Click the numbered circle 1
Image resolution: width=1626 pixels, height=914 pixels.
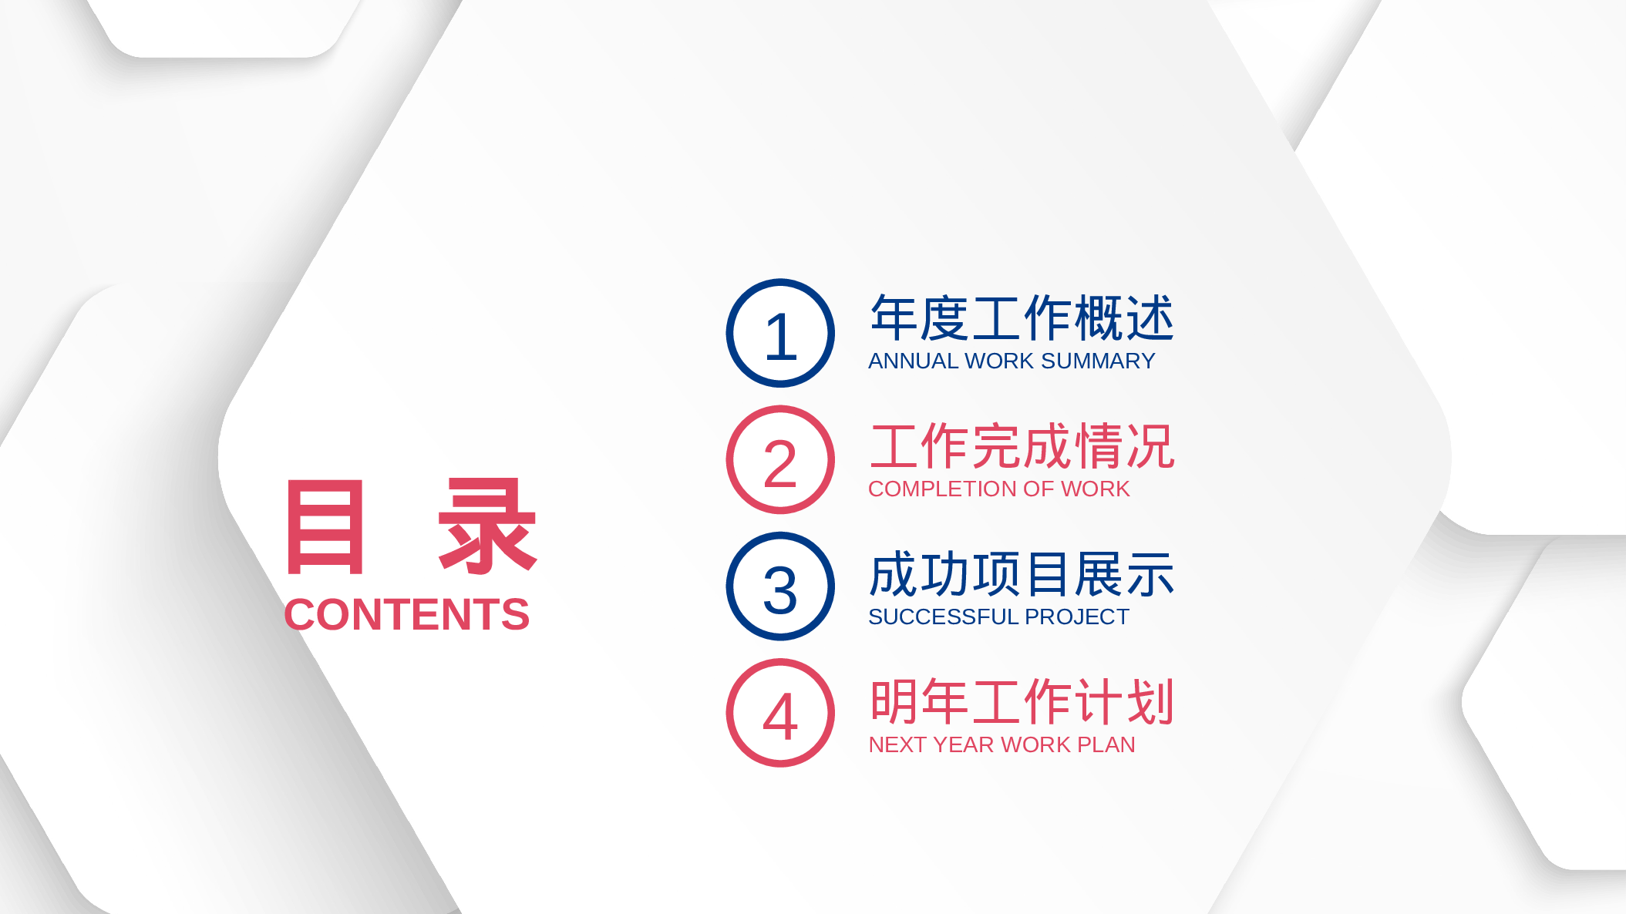tap(780, 333)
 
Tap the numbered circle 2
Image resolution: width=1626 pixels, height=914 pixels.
tap(780, 460)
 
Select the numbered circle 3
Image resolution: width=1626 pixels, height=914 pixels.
tap(780, 586)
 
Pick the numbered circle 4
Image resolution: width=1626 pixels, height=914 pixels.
tap(780, 713)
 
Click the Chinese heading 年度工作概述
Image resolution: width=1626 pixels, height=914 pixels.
tap(1022, 318)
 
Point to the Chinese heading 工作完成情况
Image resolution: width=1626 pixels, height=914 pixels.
tap(1022, 446)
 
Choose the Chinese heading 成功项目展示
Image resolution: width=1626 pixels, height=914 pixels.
tap(1022, 574)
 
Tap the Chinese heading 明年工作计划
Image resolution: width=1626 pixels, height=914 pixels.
tap(1022, 702)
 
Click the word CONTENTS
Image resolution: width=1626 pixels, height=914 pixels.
tap(406, 615)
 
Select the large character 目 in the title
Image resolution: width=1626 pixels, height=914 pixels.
tap(325, 527)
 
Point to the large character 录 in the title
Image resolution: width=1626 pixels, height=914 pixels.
tap(486, 527)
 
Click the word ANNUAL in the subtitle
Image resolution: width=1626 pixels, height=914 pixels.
tap(914, 361)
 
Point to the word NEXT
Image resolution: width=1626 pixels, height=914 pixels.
tap(897, 745)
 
